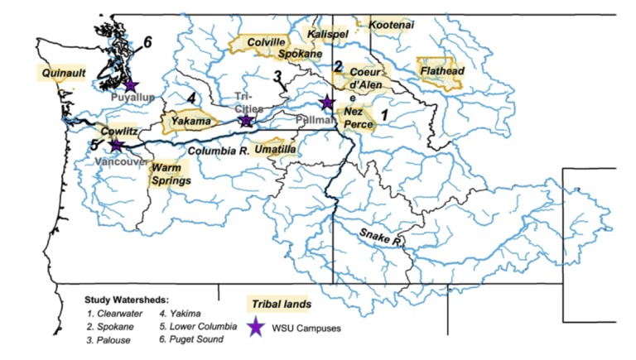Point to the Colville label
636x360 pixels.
(266, 42)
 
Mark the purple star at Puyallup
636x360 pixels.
(130, 84)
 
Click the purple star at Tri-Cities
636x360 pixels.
(246, 121)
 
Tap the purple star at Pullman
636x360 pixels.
(327, 102)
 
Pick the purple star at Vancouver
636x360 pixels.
(116, 145)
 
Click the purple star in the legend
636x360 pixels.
(258, 328)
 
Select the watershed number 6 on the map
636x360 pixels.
(147, 41)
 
